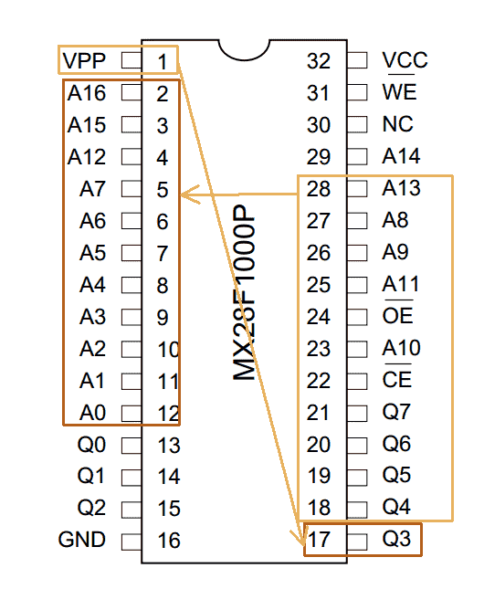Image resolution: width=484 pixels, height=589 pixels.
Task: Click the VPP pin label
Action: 84,60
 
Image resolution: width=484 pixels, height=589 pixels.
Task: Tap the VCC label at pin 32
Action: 405,60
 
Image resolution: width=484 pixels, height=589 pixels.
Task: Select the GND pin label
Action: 81,540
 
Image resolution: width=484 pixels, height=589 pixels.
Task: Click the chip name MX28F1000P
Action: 244,292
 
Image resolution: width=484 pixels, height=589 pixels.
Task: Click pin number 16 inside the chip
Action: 169,541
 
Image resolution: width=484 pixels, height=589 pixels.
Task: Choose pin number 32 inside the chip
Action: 319,61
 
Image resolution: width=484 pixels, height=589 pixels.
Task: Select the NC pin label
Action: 397,124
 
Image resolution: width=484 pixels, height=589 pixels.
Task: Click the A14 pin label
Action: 401,156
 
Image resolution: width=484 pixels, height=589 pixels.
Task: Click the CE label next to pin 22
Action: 397,378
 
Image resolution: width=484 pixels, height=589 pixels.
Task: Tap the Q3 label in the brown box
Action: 396,539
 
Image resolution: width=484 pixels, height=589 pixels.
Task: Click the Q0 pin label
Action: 91,445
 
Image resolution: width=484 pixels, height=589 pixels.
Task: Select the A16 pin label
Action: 87,93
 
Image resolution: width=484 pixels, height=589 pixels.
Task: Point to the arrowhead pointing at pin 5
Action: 189,195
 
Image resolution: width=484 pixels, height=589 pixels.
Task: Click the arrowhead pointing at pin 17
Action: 298,538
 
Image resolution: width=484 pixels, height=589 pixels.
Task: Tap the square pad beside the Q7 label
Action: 357,414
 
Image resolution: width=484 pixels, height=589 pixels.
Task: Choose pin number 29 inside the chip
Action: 319,157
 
